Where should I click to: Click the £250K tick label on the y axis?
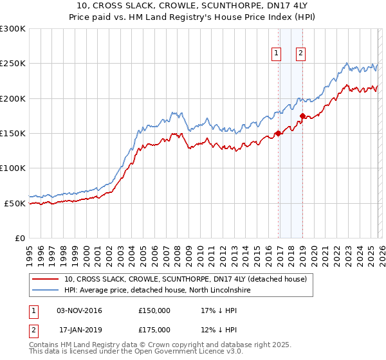pos(13,64)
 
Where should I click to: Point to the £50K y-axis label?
pos(15,203)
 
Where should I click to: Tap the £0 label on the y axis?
pos(19,238)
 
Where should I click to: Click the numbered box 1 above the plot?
pos(277,54)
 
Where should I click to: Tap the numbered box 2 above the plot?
pos(300,54)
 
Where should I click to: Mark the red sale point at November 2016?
pos(278,134)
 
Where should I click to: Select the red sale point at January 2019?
pos(302,116)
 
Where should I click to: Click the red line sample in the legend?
pos(46,279)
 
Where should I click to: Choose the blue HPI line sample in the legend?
pos(46,291)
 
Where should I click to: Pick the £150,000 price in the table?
pos(154,310)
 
